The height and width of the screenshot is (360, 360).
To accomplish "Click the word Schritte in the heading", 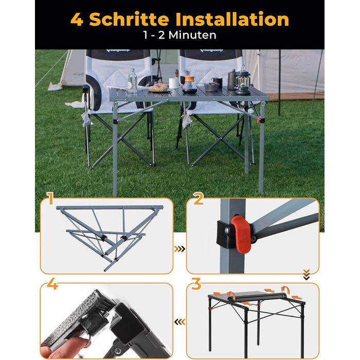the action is coord(129,19).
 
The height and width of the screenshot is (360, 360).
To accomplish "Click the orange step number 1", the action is coord(50,199).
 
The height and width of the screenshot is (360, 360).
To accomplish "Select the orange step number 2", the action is coord(199,199).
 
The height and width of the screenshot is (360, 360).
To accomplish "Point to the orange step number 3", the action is coord(196,284).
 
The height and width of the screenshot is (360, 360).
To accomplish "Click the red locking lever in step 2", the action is coord(241,235).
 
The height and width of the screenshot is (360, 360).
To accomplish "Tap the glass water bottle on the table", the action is coord(132,81).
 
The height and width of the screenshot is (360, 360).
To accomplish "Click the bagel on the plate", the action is coord(158,87).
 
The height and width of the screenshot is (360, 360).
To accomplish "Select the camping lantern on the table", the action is coord(243,80).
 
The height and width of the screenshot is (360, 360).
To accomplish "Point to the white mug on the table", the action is coord(174,83).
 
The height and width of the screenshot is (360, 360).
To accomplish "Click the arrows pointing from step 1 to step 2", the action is coord(179,249).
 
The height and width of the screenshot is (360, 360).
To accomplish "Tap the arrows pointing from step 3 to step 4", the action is coord(179,322).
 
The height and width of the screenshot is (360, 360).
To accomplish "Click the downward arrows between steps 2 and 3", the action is coord(307,275).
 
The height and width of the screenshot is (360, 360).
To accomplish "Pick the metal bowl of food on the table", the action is coord(211,86).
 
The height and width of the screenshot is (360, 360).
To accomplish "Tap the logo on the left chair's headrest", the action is coord(118,50).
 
